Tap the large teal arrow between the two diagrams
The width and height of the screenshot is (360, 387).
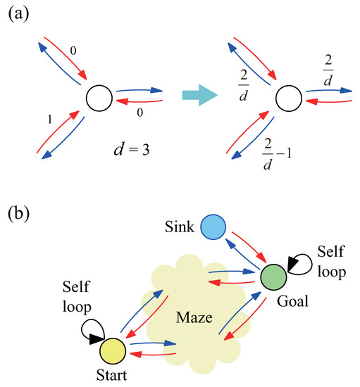coord(200,96)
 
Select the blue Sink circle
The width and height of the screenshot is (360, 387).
coord(213,229)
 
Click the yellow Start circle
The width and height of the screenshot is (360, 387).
coord(112,350)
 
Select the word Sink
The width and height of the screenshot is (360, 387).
coord(180,227)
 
